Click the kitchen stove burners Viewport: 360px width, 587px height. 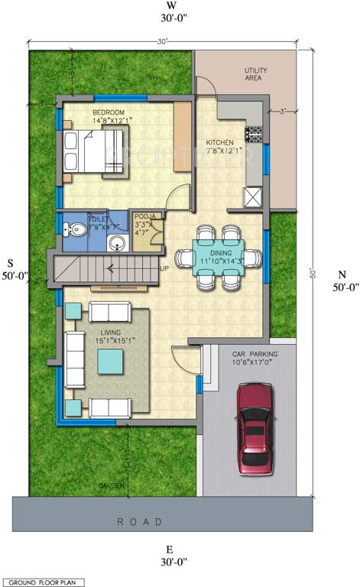[x=254, y=136]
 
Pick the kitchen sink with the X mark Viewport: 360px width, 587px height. [x=252, y=196]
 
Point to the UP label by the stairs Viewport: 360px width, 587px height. [x=163, y=269]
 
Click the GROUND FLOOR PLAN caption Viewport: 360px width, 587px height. [x=42, y=582]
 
